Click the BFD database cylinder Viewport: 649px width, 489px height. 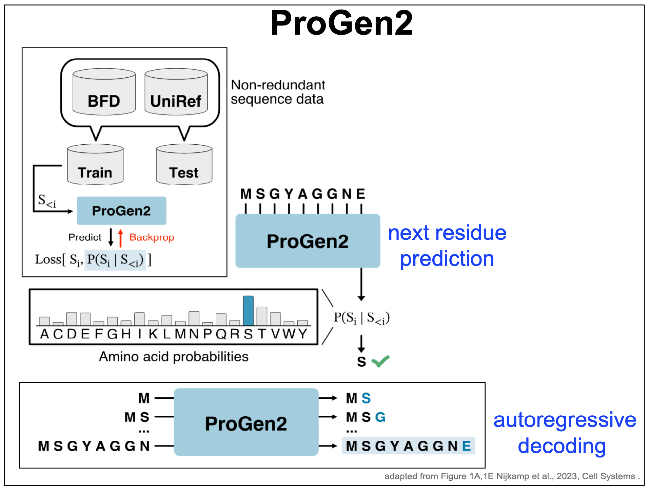(104, 92)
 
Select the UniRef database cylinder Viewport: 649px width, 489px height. (176, 92)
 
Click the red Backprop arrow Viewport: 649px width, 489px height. (120, 238)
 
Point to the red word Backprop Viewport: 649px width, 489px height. (152, 237)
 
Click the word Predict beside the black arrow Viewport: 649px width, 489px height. (85, 237)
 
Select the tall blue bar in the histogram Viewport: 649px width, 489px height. (248, 311)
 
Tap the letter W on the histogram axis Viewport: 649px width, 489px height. (289, 334)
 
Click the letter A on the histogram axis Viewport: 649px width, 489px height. (44, 334)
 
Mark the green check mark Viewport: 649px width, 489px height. (380, 361)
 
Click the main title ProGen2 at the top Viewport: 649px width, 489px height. (341, 23)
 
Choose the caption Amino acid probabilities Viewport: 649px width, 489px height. (174, 357)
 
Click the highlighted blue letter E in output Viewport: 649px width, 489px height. (467, 446)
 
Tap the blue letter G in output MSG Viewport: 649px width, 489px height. (380, 417)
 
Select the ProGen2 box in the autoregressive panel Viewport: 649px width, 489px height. (246, 422)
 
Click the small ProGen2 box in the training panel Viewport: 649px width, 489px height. (121, 211)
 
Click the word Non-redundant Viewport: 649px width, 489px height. (278, 85)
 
